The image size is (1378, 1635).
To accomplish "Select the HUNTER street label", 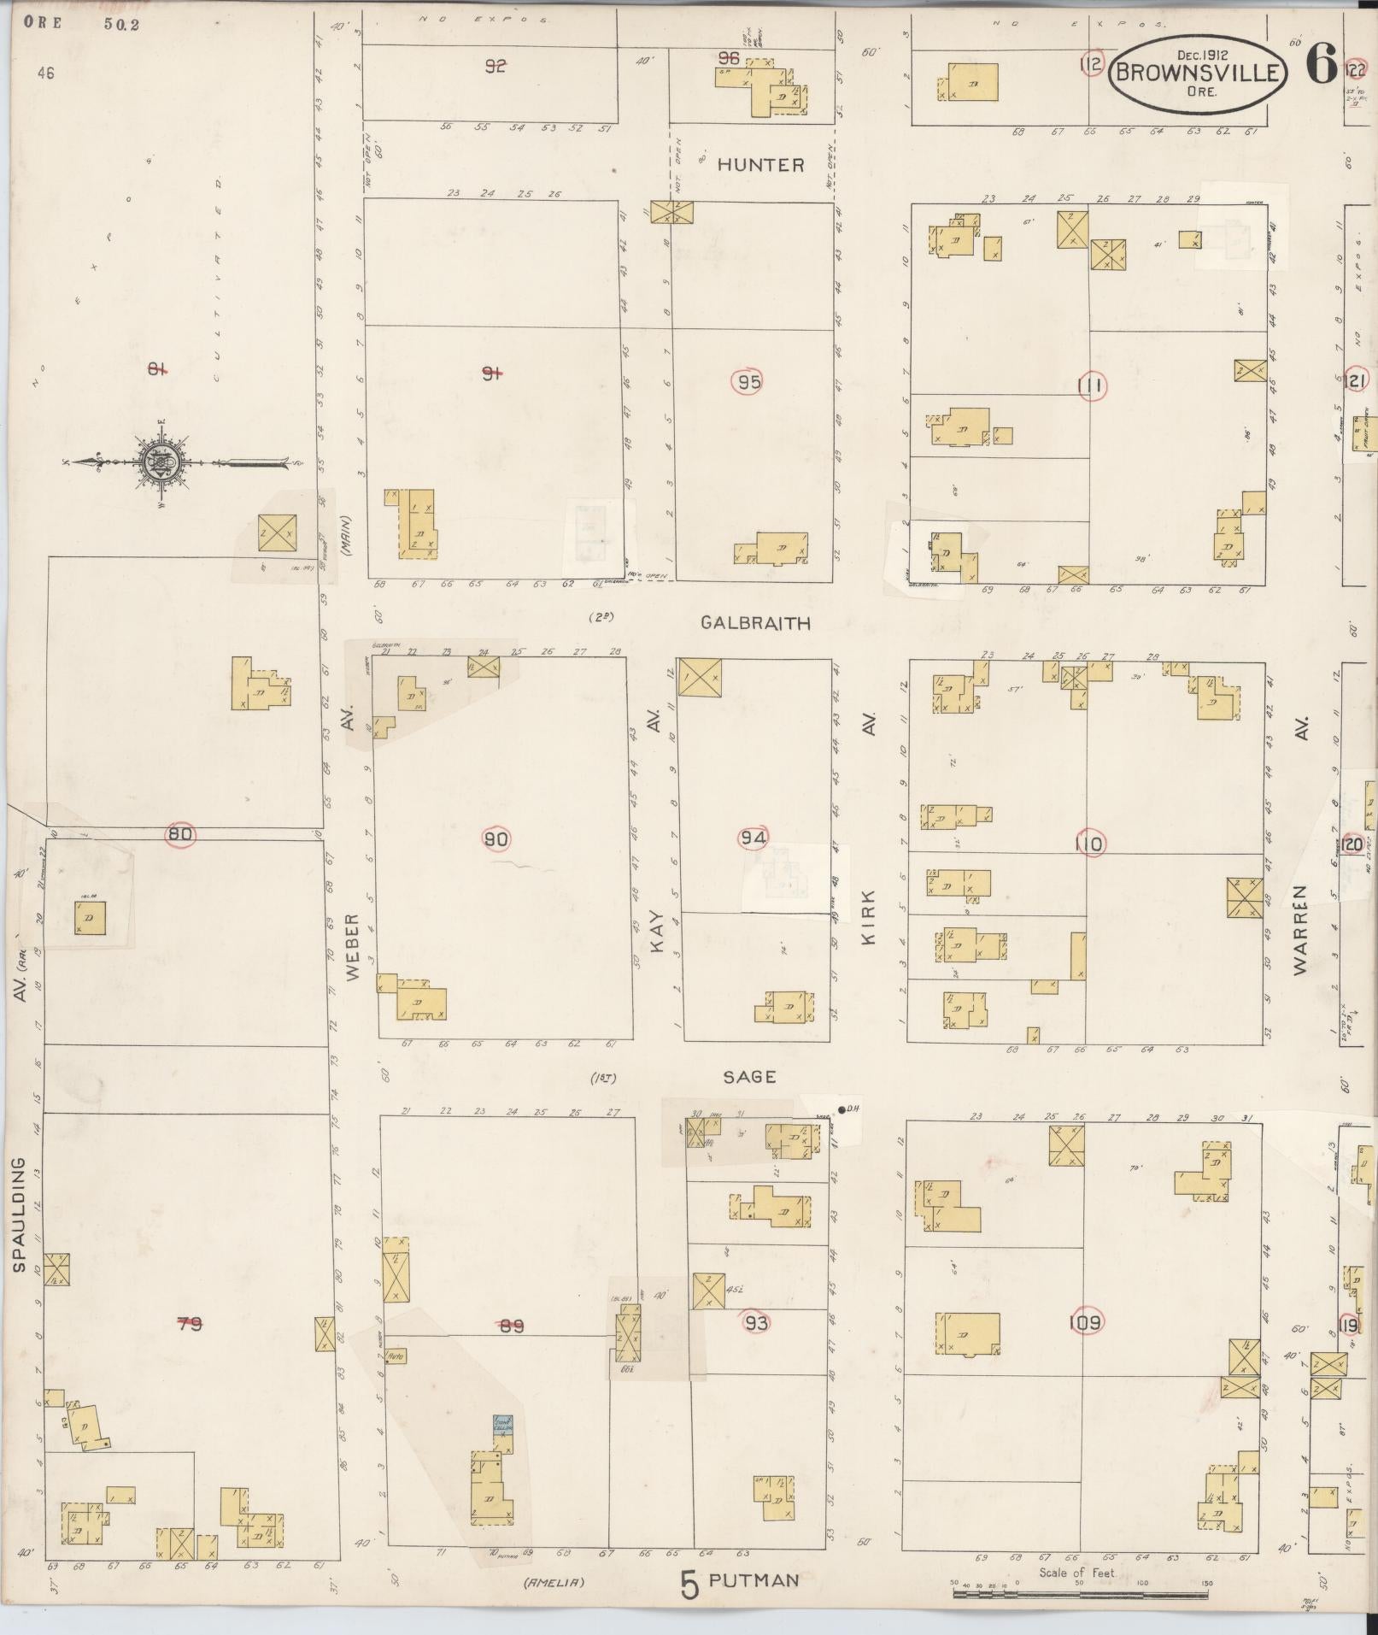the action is pyautogui.click(x=760, y=165).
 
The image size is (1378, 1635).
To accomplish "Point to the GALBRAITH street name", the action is pyautogui.click(x=755, y=623).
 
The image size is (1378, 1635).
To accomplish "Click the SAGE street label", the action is pyautogui.click(x=749, y=1077).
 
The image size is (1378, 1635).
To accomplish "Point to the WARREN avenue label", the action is pyautogui.click(x=1301, y=929).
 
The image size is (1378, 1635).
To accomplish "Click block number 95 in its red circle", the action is pyautogui.click(x=749, y=382).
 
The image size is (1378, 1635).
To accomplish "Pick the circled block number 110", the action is pyautogui.click(x=1089, y=844).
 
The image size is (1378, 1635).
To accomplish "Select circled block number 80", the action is pyautogui.click(x=180, y=835).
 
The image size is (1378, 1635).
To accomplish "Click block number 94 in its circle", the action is pyautogui.click(x=754, y=838).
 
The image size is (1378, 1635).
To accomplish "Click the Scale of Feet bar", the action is pyautogui.click(x=1082, y=1591).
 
